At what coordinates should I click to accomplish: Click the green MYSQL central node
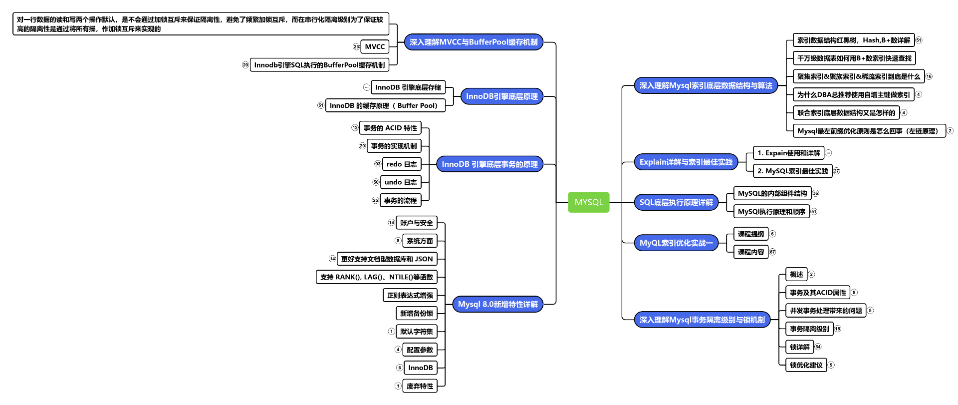588,202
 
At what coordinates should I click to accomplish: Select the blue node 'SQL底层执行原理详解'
676,202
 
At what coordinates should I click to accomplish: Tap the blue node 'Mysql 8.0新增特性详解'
497,304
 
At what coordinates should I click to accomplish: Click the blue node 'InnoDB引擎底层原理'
501,96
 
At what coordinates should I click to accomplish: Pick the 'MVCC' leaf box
375,46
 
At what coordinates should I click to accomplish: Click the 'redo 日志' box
401,164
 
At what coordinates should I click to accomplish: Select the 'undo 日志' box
400,182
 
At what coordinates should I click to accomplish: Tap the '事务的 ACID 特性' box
390,128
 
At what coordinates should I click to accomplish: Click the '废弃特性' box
420,386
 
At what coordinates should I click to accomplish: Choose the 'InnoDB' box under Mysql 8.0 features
420,368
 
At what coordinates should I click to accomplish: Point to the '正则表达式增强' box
410,295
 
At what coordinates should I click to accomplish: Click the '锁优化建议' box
806,365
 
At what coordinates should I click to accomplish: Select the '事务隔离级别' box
809,329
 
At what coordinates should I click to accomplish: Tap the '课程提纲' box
750,234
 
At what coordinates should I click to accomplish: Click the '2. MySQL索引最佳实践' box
792,171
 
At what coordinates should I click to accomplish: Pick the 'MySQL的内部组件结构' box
772,193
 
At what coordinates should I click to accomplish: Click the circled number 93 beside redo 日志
378,164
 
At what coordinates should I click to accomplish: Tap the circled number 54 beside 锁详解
818,347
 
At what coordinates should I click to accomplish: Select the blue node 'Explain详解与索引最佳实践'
686,162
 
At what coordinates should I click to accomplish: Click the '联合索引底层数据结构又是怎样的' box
846,113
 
